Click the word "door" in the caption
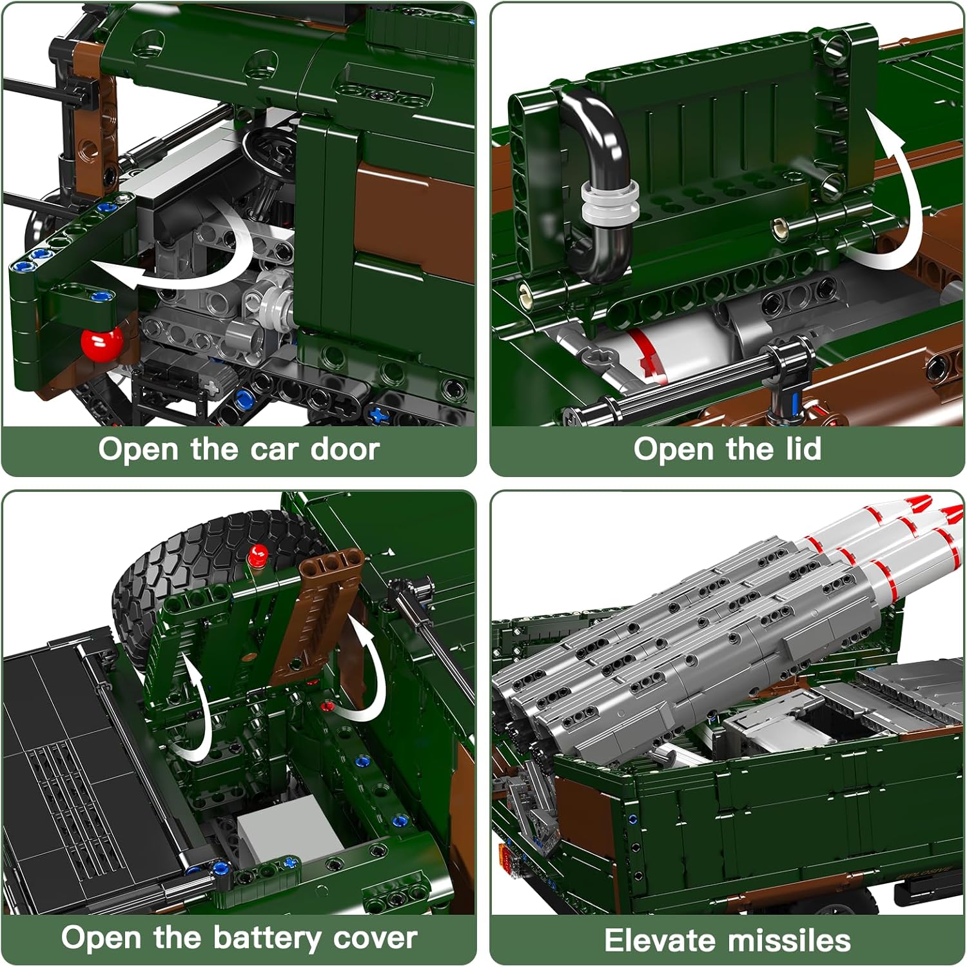point(345,449)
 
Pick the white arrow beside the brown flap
point(361,670)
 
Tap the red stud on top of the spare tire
point(259,552)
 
